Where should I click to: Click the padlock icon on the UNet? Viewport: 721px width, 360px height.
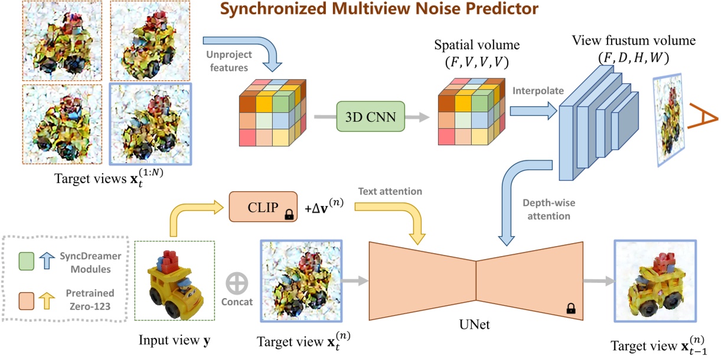[x=570, y=307]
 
